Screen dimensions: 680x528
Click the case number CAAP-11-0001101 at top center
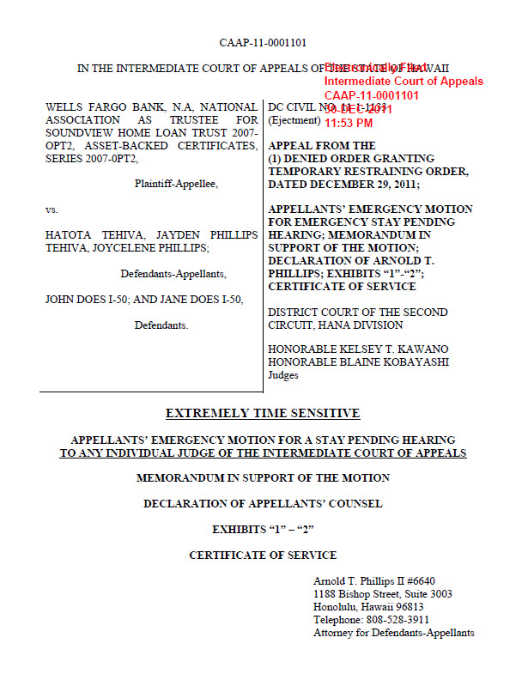(263, 42)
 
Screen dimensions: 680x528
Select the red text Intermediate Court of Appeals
(404, 82)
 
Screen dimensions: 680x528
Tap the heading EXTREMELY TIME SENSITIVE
(263, 413)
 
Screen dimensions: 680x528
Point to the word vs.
(52, 209)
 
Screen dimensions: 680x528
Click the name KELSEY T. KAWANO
(398, 350)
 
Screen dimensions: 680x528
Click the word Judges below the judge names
(284, 374)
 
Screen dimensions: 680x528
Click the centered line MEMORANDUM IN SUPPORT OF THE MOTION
(263, 477)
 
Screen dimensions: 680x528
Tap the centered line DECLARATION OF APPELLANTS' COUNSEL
(263, 503)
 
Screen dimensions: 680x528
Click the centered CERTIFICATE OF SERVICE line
(263, 556)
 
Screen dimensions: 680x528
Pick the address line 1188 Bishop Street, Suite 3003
(383, 594)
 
